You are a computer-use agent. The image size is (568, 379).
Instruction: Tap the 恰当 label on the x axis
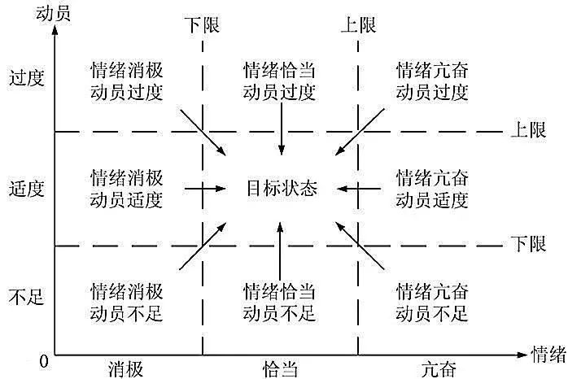pyautogui.click(x=279, y=368)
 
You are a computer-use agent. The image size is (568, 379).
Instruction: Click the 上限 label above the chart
pyautogui.click(x=357, y=24)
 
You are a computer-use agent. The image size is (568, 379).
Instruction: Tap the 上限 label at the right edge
pyautogui.click(x=529, y=130)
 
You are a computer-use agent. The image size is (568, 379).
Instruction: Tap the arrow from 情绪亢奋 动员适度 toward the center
pyautogui.click(x=359, y=189)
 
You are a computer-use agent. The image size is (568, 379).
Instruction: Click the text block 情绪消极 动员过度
pyautogui.click(x=126, y=79)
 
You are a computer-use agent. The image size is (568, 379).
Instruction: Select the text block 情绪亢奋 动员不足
pyautogui.click(x=432, y=300)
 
